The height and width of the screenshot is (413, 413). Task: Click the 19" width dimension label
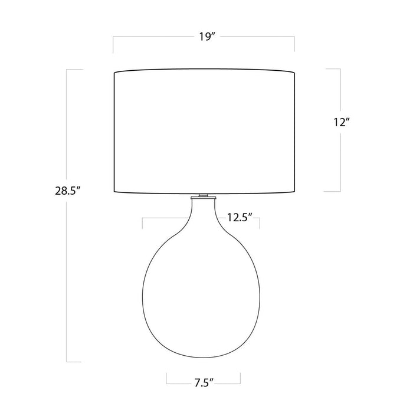pyautogui.click(x=207, y=37)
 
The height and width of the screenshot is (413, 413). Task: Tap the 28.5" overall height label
pyautogui.click(x=67, y=191)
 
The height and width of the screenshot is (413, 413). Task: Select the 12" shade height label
pyautogui.click(x=341, y=122)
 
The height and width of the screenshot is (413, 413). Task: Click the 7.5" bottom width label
pyautogui.click(x=204, y=383)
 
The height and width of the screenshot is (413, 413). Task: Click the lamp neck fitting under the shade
pyautogui.click(x=203, y=196)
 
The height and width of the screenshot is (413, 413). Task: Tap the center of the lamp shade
pyautogui.click(x=204, y=132)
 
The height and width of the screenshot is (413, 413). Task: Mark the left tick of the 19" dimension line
pyautogui.click(x=113, y=45)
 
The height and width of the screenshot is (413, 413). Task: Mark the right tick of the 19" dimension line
pyautogui.click(x=294, y=44)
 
